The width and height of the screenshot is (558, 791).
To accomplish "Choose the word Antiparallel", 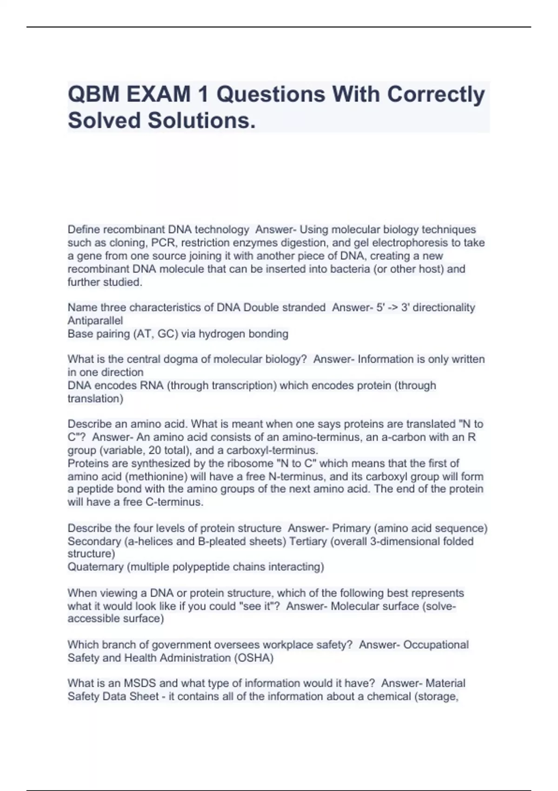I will click(x=95, y=321).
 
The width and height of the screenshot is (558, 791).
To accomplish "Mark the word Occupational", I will click(x=436, y=645).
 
